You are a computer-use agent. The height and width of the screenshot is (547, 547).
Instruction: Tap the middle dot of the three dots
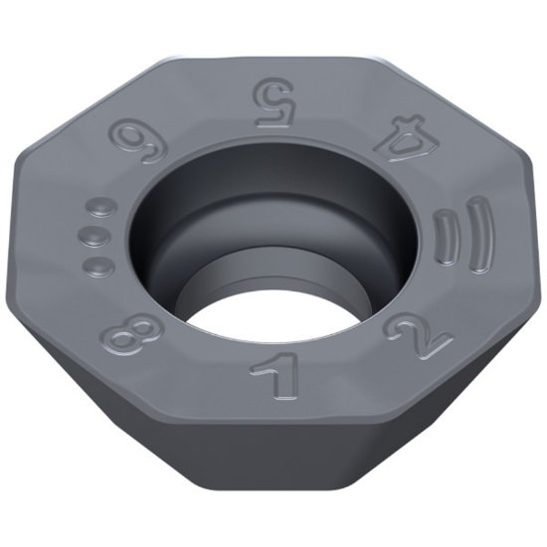pyautogui.click(x=92, y=236)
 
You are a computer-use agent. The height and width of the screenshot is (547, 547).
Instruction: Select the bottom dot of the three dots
pyautogui.click(x=96, y=265)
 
